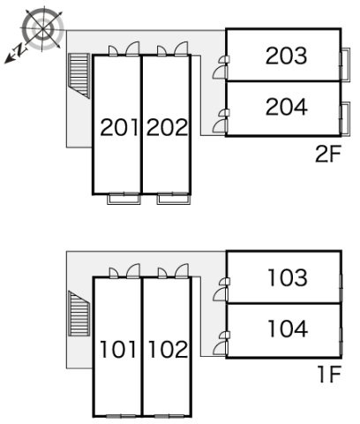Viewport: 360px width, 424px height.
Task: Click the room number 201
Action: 119,127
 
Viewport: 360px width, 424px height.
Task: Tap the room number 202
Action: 167,127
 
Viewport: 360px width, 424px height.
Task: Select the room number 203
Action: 286,56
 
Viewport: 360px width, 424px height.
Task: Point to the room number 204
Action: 287,107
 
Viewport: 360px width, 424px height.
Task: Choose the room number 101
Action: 118,349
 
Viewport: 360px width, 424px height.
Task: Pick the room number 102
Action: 168,349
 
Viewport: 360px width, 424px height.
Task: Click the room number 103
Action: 288,277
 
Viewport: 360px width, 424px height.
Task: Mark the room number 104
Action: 288,329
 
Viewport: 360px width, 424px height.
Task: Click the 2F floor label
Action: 327,155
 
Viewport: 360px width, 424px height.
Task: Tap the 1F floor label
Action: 329,375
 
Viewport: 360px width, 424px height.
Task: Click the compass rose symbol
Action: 43,29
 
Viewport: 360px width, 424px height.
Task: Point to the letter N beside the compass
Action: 20,49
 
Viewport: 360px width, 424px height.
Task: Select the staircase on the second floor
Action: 79,76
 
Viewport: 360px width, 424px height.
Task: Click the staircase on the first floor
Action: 79,314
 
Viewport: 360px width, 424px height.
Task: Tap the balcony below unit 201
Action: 124,199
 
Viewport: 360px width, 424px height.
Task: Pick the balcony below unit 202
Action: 174,199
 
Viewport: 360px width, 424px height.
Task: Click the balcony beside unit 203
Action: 346,64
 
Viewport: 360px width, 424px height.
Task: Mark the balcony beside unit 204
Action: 346,119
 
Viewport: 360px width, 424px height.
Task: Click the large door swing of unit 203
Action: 221,72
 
